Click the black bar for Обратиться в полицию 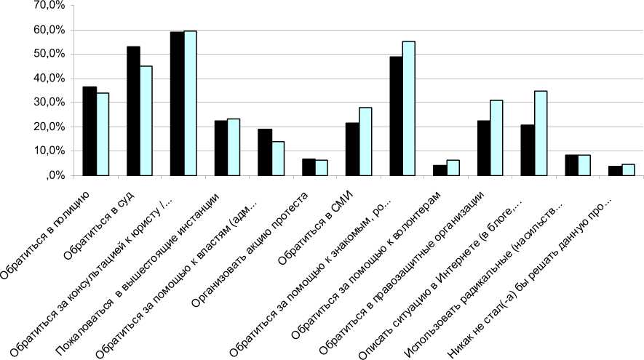[x=90, y=131]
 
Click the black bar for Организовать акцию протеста [x=309, y=167]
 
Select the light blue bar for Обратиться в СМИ [x=365, y=142]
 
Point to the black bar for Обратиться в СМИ [x=352, y=149]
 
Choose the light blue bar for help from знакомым [x=409, y=108]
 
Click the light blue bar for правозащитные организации [x=496, y=138]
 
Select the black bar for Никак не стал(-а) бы [x=615, y=171]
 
